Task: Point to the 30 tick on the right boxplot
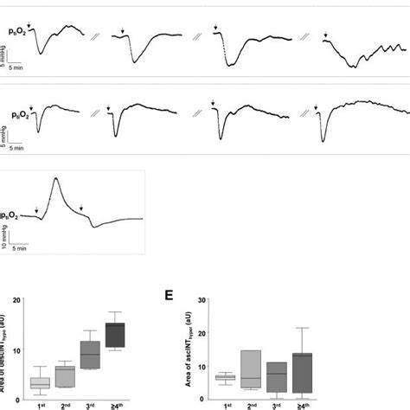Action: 204,301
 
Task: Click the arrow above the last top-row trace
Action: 325,36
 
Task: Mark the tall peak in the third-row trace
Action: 56,179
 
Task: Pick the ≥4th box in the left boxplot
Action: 116,335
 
